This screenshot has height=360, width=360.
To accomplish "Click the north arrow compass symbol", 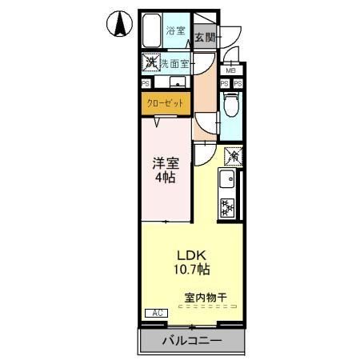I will [118, 25].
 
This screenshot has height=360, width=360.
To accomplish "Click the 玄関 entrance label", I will [204, 37].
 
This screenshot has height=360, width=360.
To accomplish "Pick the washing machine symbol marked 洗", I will [150, 62].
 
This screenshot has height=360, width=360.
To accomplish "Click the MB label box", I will [230, 70].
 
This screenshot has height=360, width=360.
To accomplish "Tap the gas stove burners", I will [227, 206].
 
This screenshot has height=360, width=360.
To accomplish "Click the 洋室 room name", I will [167, 162].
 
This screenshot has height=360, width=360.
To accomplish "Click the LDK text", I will [190, 257].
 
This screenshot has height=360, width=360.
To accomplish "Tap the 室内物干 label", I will [206, 298].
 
